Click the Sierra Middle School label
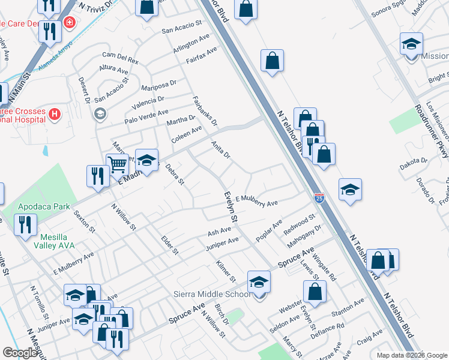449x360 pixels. pyautogui.click(x=211, y=294)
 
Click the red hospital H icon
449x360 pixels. pyautogui.click(x=55, y=113)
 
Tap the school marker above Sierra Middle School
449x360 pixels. pyautogui.click(x=259, y=282)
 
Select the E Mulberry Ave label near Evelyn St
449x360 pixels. pyautogui.click(x=256, y=200)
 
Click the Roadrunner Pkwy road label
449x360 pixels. pyautogui.click(x=426, y=125)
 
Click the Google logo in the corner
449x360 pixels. pyautogui.click(x=19, y=353)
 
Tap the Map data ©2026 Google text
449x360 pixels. pyautogui.click(x=411, y=355)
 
